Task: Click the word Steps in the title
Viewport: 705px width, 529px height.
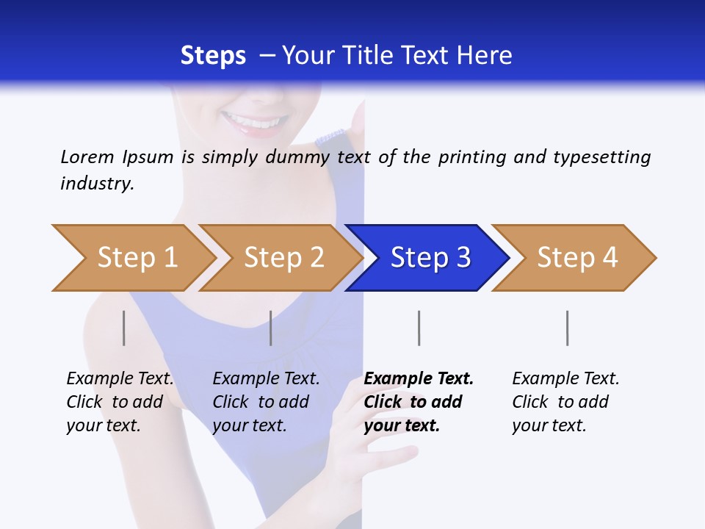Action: [213, 56]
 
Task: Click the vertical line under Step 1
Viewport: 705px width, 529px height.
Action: [124, 328]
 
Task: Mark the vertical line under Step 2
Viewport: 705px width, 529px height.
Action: [271, 328]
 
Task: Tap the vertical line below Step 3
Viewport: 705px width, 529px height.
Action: [419, 328]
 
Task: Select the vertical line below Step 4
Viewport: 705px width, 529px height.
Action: [567, 328]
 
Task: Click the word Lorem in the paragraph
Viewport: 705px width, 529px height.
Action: [87, 157]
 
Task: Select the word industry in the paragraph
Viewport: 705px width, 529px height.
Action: [97, 184]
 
